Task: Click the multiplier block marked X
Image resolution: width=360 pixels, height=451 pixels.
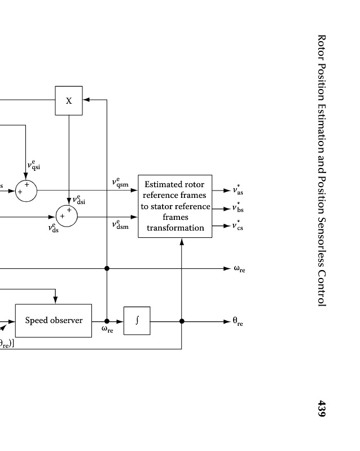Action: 69,100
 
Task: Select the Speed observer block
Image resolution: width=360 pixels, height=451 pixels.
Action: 53,321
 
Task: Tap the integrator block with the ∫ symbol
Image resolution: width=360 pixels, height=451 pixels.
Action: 137,321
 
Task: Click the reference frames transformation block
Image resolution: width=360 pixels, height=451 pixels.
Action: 175,206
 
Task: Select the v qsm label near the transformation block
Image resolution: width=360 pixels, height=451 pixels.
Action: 120,183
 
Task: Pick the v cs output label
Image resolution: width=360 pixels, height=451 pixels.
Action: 238,226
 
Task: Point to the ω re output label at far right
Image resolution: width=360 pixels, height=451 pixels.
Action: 239,269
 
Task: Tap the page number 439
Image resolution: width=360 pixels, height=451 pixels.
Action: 322,409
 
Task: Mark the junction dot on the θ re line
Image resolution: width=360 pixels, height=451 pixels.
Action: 182,321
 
